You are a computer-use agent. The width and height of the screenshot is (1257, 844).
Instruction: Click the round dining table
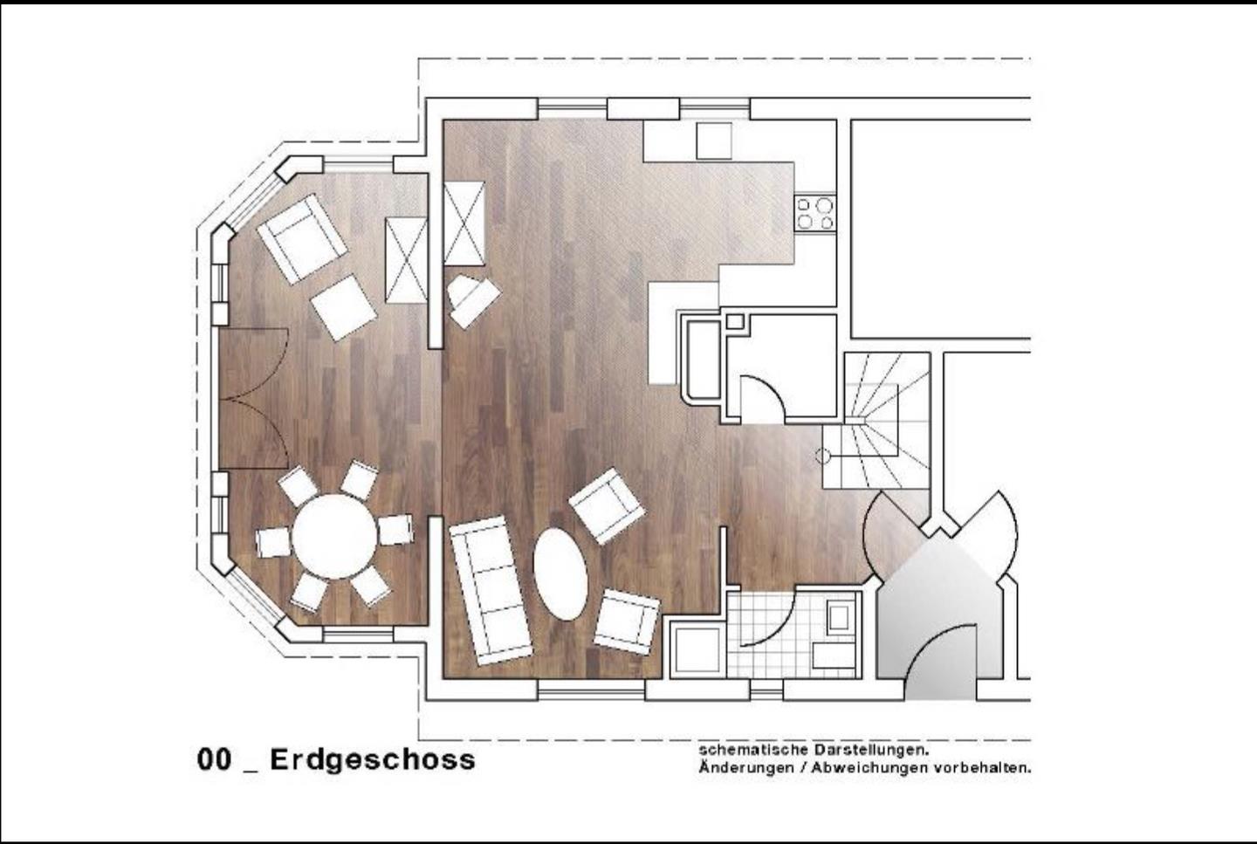[x=334, y=537]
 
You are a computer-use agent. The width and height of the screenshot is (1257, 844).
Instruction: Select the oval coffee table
[x=560, y=574]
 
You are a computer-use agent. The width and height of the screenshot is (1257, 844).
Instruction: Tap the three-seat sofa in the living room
[x=491, y=590]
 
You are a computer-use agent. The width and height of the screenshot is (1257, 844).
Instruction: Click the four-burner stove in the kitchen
[x=815, y=213]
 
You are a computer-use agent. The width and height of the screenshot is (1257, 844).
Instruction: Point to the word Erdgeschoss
[x=373, y=760]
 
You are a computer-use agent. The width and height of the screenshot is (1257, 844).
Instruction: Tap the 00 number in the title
[x=214, y=760]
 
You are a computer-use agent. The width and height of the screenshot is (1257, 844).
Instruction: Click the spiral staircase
[x=876, y=421]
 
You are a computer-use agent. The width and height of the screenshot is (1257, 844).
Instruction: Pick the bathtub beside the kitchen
[x=702, y=359]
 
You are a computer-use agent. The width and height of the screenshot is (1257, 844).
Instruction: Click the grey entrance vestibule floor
[x=940, y=617]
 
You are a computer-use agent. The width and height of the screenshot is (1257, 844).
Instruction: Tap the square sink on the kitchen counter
[x=714, y=141]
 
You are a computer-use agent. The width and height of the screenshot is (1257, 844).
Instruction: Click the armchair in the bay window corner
[x=301, y=239]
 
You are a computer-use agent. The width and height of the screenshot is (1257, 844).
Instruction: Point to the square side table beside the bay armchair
[x=343, y=307]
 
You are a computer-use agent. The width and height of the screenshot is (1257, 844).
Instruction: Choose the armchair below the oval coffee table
[x=627, y=621]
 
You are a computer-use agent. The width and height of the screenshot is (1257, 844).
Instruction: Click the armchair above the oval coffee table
[x=607, y=506]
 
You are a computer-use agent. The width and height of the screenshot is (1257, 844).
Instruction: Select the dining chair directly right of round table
[x=395, y=530]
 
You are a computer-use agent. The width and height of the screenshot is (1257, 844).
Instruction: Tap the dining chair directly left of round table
[x=273, y=543]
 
